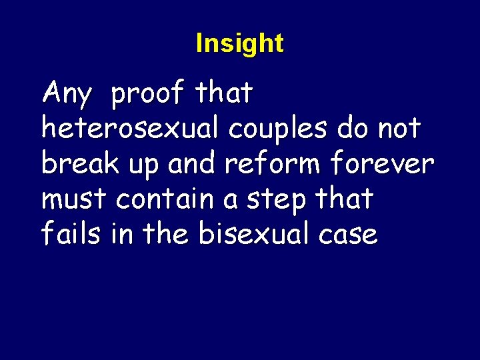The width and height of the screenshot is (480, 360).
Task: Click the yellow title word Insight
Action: (239, 43)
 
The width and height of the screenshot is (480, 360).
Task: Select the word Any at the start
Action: (66, 95)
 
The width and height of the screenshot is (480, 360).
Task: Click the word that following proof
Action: (224, 93)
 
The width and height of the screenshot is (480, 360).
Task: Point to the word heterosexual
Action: (131, 128)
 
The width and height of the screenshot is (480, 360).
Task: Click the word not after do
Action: (398, 128)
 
